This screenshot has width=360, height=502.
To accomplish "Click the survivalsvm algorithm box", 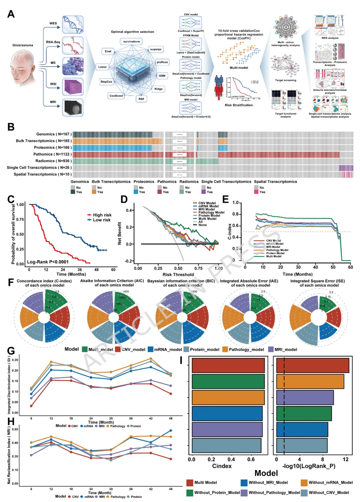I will (x=132, y=42).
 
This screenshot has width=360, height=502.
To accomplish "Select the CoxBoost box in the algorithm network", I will (x=116, y=96).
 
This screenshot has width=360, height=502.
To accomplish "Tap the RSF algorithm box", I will (x=141, y=99).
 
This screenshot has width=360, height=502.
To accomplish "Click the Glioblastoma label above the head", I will (x=23, y=45).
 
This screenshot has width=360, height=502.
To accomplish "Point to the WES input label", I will (x=53, y=23).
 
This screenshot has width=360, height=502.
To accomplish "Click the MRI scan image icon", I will (x=73, y=108).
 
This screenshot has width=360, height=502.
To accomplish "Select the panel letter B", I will (x=11, y=127).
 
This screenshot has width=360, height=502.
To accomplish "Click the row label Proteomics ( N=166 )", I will (x=53, y=148).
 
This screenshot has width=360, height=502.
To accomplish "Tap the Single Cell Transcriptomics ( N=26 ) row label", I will (x=39, y=168).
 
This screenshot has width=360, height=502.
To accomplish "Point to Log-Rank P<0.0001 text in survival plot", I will (x=48, y=262).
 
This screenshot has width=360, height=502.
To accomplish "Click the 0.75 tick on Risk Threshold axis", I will (x=198, y=268).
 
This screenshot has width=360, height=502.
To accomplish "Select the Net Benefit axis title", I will (x=120, y=234).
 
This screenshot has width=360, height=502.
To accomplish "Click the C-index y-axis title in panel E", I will (x=230, y=232).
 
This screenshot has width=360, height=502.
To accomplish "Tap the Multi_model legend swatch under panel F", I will (x=84, y=349).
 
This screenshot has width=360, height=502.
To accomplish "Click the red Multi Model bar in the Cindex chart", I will (x=228, y=365).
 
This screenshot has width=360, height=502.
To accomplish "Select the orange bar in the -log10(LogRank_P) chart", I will (x=310, y=381).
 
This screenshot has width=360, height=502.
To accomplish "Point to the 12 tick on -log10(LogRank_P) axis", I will (x=346, y=459).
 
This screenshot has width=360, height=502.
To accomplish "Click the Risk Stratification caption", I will (x=239, y=105).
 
